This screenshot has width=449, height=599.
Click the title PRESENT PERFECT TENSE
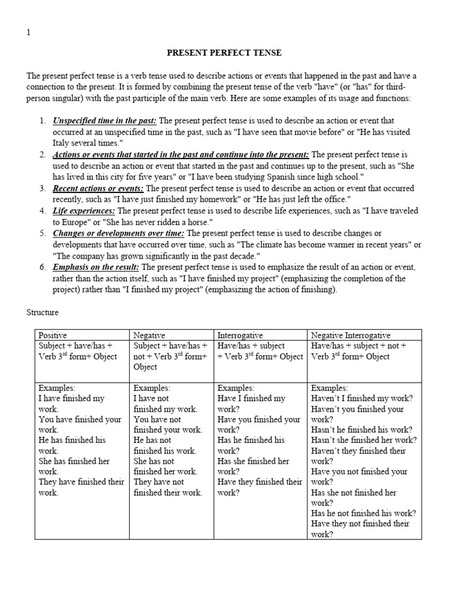(x=224, y=53)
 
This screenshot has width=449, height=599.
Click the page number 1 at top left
(x=29, y=33)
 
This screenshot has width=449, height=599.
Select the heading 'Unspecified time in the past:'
(x=105, y=121)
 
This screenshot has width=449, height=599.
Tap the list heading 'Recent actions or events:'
(x=98, y=188)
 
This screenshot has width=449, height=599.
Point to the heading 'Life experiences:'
(x=84, y=211)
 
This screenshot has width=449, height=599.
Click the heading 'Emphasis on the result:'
(x=92, y=267)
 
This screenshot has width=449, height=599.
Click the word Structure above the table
(x=43, y=313)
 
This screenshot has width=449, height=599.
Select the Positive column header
(x=53, y=335)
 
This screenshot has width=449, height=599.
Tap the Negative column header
(x=149, y=335)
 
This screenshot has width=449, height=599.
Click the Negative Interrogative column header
(x=351, y=335)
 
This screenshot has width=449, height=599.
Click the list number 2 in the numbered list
(x=43, y=154)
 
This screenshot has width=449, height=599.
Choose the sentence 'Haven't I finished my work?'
(x=362, y=398)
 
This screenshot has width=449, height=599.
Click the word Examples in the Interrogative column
(x=236, y=388)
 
